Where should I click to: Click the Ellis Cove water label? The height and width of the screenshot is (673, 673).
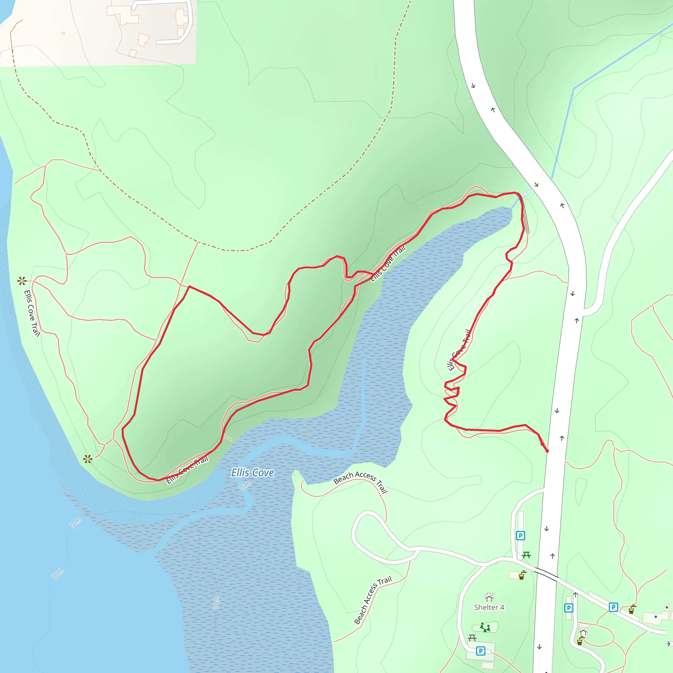[253, 473]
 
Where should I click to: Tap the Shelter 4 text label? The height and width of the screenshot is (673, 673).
[489, 608]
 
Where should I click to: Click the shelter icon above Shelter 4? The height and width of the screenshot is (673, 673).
[489, 597]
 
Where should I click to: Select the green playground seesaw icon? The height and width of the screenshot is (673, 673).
[485, 627]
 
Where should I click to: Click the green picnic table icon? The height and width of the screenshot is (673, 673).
[526, 555]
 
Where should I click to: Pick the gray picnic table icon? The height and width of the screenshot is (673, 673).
[472, 638]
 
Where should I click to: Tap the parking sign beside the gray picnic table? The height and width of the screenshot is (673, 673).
[480, 651]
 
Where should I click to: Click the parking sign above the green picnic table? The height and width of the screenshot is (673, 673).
[520, 536]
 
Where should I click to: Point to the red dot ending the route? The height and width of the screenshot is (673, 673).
[547, 451]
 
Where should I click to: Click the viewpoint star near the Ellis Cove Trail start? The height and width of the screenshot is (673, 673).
[22, 280]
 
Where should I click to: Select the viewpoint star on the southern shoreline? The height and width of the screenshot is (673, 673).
[88, 459]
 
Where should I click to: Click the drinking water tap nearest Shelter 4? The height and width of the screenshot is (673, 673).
[522, 575]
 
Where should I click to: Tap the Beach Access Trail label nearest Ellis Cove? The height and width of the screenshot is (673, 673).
[360, 481]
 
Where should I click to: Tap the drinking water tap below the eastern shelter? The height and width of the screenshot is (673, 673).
[580, 641]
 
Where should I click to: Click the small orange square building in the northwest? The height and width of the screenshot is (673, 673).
[63, 34]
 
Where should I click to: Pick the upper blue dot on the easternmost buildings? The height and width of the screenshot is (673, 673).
[667, 607]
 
